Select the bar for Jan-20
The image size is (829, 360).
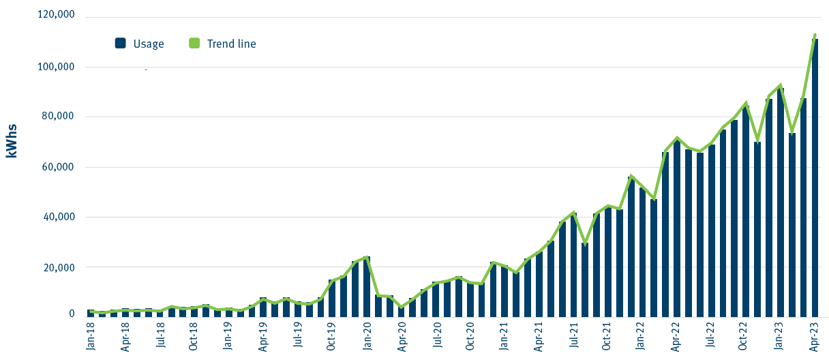[367, 287]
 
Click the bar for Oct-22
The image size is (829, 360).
[746, 212]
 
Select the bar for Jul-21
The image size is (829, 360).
[573, 265]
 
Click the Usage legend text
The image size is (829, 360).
[149, 44]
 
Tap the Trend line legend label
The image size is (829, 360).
[230, 44]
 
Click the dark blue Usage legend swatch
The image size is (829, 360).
[121, 44]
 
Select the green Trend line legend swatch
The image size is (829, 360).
[194, 44]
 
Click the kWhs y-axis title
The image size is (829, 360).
[11, 141]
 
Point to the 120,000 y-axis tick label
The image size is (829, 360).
[56, 16]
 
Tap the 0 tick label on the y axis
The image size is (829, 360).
[71, 314]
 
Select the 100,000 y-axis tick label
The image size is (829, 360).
[56, 67]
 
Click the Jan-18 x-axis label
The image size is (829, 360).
[91, 337]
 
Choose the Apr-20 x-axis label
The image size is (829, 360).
[402, 337]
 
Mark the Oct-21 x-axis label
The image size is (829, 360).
[607, 337]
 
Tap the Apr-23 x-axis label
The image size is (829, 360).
[814, 337]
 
